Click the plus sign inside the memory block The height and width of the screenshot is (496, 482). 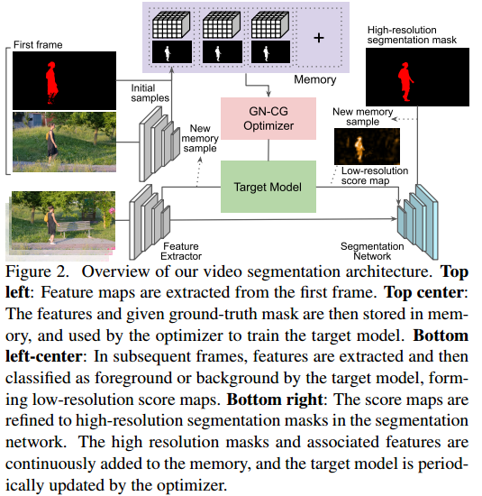(318, 39)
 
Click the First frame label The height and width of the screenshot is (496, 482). (38, 43)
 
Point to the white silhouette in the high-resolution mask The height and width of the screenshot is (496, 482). (412, 83)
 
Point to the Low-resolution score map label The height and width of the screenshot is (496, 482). (374, 176)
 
